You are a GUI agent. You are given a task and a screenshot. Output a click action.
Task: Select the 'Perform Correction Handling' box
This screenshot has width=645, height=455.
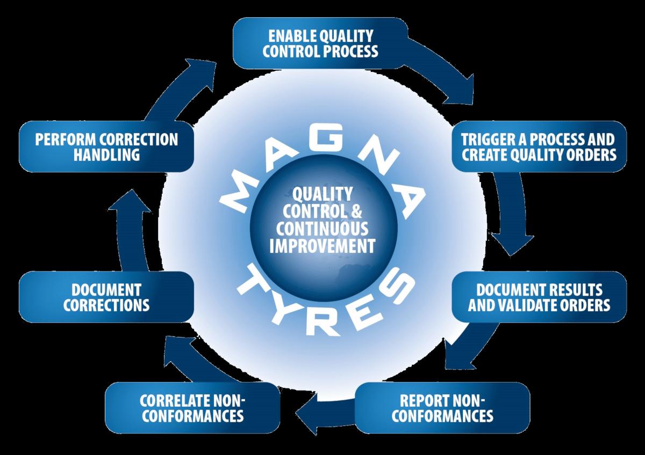[106, 146]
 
